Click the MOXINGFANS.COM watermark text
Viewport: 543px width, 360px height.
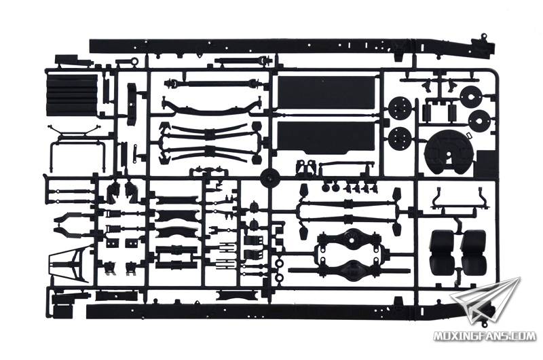(485, 336)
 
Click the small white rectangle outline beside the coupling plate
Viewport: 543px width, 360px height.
(470, 135)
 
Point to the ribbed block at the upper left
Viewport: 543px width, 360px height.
(72, 94)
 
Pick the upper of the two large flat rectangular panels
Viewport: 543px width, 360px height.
(326, 92)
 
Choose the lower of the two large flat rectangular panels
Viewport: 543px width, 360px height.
(326, 137)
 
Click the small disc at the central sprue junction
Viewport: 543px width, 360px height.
(270, 177)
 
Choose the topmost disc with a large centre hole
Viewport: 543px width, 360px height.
(472, 95)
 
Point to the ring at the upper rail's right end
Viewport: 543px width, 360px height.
(484, 36)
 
